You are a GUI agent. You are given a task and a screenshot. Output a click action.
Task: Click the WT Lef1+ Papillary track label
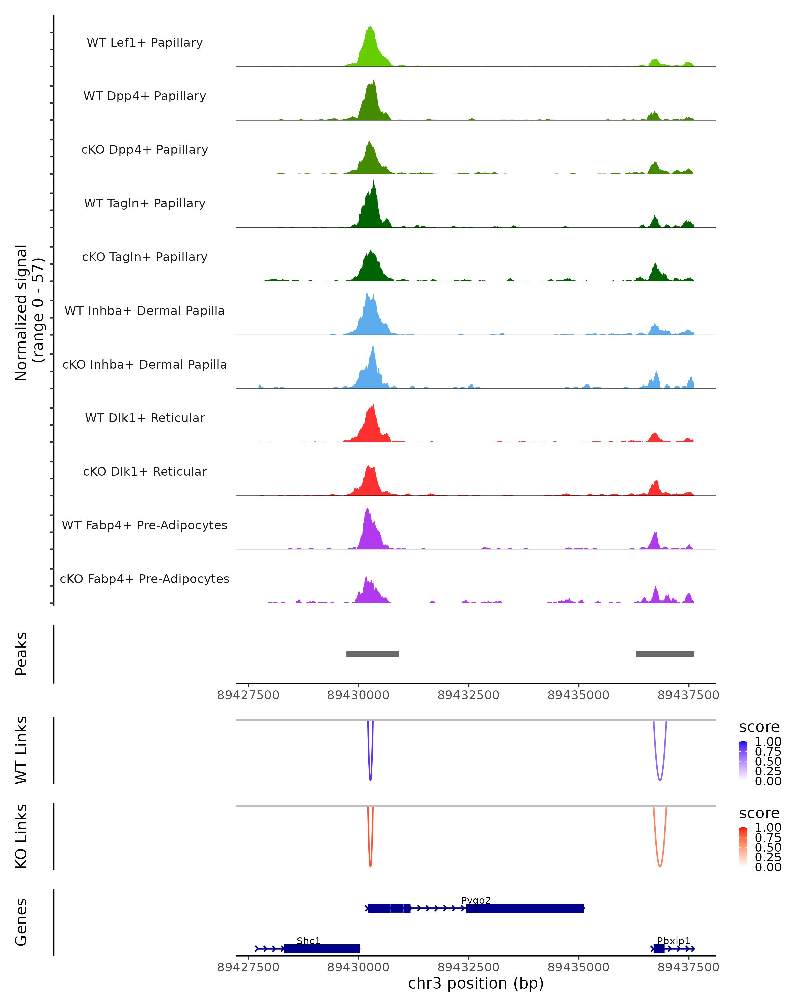145,43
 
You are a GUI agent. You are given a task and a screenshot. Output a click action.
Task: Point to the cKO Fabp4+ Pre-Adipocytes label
145,579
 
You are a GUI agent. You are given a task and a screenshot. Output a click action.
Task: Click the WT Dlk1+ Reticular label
145,418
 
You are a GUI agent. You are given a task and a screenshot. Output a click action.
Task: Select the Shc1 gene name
309,941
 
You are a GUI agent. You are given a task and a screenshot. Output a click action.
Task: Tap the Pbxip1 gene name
674,941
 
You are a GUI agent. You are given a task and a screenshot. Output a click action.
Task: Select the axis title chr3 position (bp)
476,984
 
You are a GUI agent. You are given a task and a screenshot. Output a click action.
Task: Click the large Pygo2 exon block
525,908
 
